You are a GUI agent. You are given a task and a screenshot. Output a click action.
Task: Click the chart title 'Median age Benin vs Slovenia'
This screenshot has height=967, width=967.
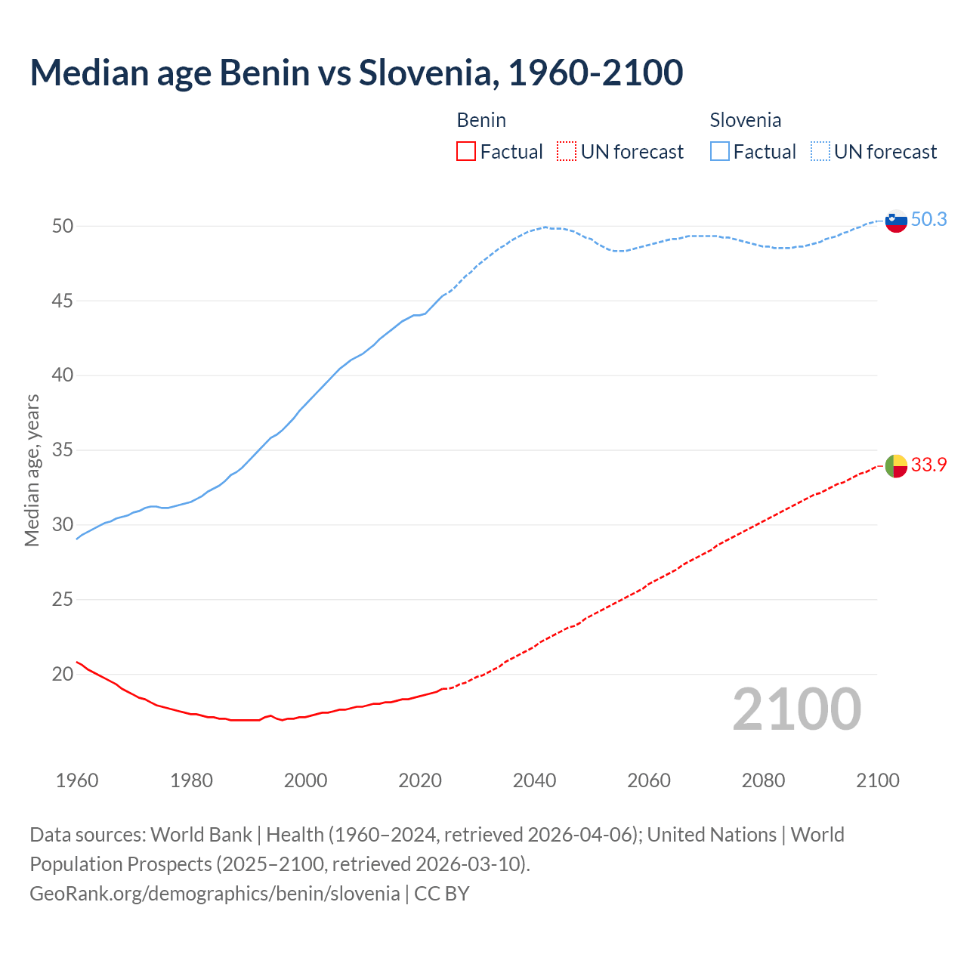(357, 73)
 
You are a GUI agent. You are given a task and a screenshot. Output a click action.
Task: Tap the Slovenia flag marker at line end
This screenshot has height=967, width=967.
(895, 221)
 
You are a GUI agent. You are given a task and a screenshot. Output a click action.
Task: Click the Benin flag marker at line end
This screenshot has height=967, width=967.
(895, 466)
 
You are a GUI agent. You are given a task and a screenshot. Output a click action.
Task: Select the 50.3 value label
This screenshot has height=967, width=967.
(928, 219)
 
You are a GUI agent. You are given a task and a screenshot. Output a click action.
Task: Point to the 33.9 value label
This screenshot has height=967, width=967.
(928, 465)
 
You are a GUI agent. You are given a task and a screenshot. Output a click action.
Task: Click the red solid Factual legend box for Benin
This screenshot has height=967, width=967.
(466, 152)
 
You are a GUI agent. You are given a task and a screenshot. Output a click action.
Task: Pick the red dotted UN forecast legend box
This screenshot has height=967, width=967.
(567, 152)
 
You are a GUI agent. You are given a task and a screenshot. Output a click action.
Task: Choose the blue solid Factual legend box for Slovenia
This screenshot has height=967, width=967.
(720, 152)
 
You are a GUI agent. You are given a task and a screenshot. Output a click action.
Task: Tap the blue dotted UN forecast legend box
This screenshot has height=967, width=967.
(820, 152)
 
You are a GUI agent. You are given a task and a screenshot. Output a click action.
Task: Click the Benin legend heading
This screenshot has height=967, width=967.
(481, 120)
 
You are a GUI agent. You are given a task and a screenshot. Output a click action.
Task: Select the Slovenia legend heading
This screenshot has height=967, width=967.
(745, 120)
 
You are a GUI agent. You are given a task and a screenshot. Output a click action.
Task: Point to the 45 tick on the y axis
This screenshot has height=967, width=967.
(62, 301)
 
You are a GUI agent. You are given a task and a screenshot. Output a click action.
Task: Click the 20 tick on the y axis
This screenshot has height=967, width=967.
(62, 674)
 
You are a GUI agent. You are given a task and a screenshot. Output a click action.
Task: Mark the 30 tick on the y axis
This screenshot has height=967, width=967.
(62, 524)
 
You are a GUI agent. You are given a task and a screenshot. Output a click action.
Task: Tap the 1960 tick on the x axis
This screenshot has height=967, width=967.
(77, 780)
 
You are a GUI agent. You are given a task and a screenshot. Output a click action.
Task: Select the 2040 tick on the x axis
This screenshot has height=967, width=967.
(534, 780)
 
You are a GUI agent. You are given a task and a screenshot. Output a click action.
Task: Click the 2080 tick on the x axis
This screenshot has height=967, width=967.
(763, 780)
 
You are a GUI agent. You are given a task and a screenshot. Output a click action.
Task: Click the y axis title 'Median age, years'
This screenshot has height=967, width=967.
(32, 470)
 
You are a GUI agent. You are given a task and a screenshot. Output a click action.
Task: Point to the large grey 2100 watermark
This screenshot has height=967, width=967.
(796, 709)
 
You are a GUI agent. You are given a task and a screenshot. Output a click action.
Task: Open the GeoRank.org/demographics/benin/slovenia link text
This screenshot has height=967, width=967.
(215, 893)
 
